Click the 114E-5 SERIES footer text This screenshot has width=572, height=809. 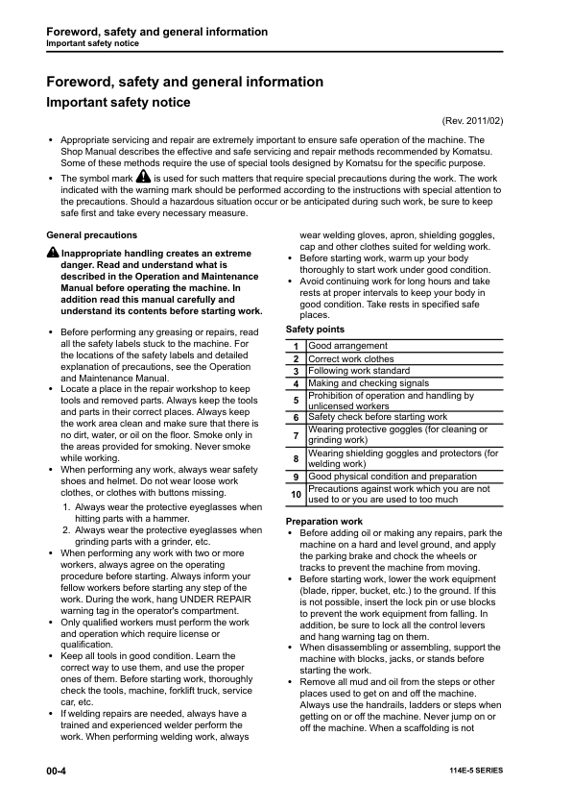point(475,772)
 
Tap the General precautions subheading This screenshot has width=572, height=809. point(91,235)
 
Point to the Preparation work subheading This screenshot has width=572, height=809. point(324,521)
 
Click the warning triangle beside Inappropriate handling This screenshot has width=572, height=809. point(53,253)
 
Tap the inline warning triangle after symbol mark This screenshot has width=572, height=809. point(143,178)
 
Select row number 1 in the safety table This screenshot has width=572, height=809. point(297,346)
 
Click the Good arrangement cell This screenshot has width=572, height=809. point(348,346)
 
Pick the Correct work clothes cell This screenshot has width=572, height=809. point(351,358)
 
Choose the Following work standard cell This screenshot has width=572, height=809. point(360,371)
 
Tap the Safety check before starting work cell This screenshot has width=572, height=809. point(377,417)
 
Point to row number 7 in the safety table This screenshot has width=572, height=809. point(297,435)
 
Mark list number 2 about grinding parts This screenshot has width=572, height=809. point(66,529)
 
